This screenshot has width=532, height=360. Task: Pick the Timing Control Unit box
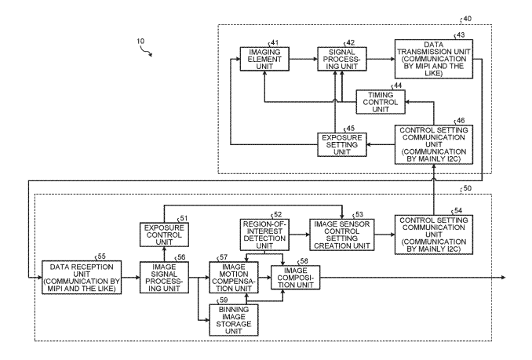pyautogui.click(x=381, y=101)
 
